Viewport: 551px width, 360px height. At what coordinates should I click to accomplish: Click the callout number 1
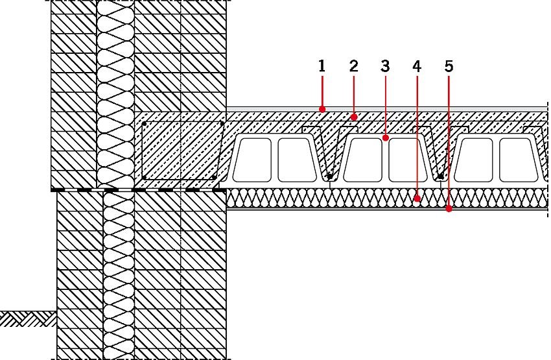point(322,66)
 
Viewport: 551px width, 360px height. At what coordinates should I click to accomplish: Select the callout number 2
point(353,66)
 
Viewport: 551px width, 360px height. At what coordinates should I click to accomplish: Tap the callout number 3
point(385,66)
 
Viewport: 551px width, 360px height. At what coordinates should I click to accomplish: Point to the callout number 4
point(417,66)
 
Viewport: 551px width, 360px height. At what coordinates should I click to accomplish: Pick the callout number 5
point(449,66)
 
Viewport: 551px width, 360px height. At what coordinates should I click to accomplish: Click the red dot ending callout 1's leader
point(322,110)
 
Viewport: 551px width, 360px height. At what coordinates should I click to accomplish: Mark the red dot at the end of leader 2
point(354,117)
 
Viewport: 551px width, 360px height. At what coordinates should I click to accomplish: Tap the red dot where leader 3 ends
point(386,138)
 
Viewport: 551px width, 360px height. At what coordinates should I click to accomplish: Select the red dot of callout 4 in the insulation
point(417,198)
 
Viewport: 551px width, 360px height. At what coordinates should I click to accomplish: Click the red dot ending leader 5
point(449,209)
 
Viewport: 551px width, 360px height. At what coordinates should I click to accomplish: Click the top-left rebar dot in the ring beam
point(144,124)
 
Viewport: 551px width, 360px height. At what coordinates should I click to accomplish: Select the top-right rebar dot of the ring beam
point(222,123)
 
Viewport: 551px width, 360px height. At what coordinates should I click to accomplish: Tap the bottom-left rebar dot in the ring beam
point(144,178)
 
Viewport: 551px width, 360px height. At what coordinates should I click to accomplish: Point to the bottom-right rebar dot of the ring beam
point(214,178)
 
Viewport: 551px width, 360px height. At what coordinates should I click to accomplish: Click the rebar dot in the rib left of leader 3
point(329,176)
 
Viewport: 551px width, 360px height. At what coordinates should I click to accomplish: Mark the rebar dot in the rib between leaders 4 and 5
point(441,176)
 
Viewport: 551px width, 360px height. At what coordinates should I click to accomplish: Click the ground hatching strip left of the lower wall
point(28,319)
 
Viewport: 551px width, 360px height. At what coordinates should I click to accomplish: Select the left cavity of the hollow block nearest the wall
point(253,160)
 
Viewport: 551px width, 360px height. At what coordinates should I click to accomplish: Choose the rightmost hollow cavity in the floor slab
point(519,160)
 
